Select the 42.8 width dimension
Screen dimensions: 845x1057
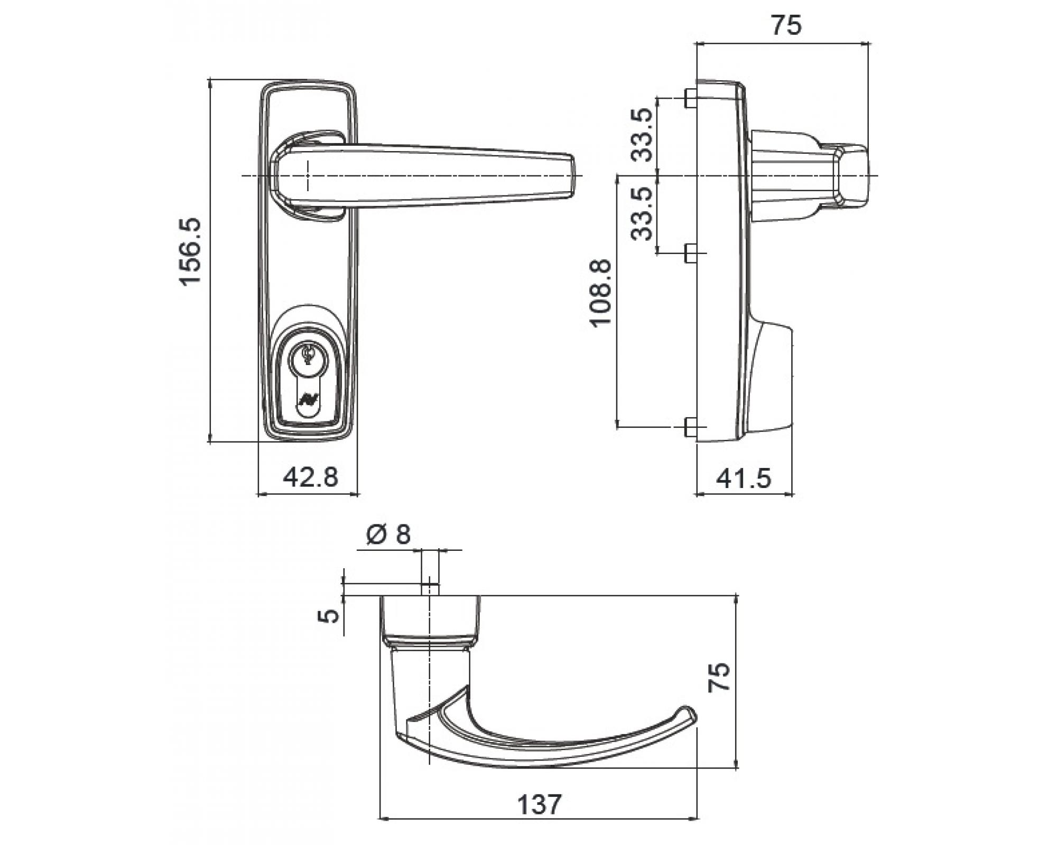tap(310, 477)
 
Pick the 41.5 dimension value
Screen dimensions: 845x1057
tap(744, 478)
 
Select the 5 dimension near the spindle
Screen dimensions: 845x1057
tap(330, 615)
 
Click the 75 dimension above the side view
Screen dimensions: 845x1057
tap(786, 25)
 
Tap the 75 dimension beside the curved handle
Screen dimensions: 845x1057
tap(720, 677)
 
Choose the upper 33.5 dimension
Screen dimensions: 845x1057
tap(643, 135)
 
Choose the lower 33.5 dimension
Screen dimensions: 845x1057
tap(643, 213)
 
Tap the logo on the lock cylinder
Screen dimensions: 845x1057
tap(306, 399)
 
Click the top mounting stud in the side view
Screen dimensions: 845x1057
tap(689, 98)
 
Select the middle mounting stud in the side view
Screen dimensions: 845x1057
tap(689, 253)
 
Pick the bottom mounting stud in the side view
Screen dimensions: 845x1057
tap(689, 427)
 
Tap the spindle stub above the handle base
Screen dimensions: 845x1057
tap(430, 589)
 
